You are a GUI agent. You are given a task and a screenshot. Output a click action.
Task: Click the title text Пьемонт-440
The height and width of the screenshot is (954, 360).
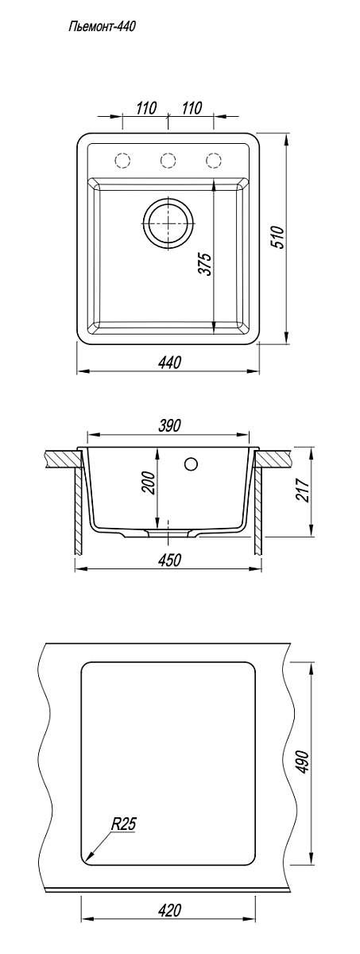coord(103,27)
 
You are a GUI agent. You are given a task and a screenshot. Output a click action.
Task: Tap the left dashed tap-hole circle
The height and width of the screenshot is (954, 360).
coord(122,160)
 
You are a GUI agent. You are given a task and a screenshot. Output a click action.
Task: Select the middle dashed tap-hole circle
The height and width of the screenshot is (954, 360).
coord(168,160)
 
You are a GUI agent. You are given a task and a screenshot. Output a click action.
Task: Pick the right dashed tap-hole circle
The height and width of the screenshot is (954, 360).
coord(213,160)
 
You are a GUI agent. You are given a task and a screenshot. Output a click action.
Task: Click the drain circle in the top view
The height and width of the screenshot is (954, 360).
coord(168,223)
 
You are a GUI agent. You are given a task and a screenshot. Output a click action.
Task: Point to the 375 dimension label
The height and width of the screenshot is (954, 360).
coord(206,265)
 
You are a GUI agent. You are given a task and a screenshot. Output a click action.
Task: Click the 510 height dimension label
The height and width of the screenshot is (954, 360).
coord(277,238)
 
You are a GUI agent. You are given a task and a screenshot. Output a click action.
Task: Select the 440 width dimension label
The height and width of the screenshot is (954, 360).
coord(170,363)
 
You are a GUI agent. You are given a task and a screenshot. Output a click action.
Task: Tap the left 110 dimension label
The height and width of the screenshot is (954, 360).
coord(146,108)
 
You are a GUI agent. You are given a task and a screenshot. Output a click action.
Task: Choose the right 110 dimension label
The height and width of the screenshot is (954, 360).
coord(192,108)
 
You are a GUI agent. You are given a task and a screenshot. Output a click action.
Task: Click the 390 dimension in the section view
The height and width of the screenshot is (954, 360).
coord(169,425)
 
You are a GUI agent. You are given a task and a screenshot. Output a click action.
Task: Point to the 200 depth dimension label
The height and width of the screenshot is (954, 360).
coord(149,482)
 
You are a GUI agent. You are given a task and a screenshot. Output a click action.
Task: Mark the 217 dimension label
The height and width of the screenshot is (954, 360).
coord(302,490)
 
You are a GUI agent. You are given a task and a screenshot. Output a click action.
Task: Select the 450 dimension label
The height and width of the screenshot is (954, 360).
coord(169,560)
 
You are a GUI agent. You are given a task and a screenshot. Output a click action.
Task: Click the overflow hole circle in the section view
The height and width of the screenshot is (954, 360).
coord(192,463)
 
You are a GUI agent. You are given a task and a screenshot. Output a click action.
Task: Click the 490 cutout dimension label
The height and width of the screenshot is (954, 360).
coord(303,761)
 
